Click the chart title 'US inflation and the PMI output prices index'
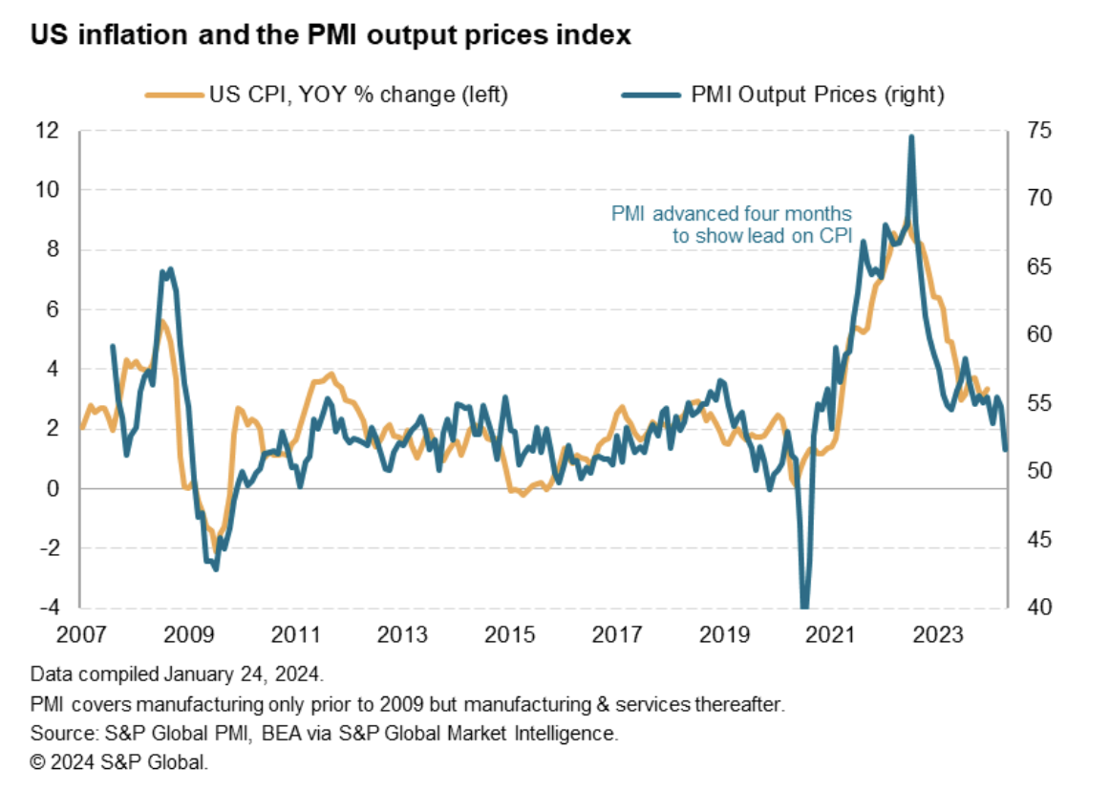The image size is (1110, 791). [331, 36]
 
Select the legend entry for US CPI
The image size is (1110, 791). [325, 95]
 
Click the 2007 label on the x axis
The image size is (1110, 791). [81, 634]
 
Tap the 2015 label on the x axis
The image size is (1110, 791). [508, 634]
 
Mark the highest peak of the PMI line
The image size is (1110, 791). [910, 137]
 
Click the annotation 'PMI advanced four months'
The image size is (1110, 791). [731, 213]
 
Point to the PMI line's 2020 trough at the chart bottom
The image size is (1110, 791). [803, 604]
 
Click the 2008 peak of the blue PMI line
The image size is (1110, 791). [170, 269]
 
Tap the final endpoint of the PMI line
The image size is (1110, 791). [1005, 449]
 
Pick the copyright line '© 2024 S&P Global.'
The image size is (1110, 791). [118, 763]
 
